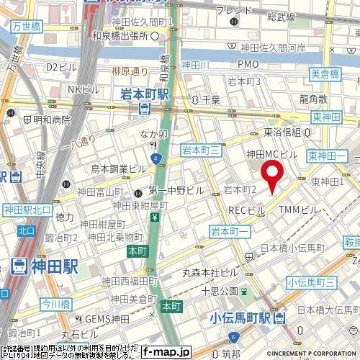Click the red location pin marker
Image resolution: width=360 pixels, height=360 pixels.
point(271,176)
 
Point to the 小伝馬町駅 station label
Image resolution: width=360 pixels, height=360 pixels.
point(242,317)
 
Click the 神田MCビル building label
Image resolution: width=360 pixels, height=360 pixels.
point(271,154)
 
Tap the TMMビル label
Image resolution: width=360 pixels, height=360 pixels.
point(298,210)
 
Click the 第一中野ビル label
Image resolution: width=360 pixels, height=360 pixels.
point(176,191)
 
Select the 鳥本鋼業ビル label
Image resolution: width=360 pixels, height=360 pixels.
point(119,168)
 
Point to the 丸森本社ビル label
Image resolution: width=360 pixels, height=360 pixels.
point(210,272)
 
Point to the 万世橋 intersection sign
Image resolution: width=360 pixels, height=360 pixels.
point(26,26)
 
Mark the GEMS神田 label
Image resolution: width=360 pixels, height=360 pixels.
point(104,318)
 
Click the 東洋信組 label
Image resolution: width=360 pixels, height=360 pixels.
point(287,132)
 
